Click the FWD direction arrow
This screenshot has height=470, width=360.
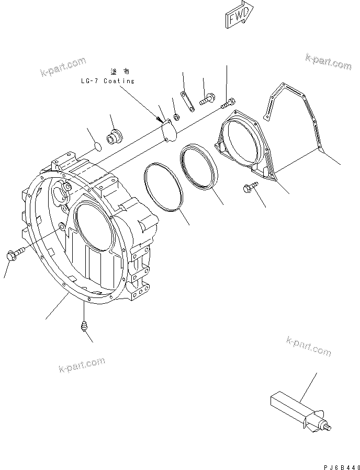click(x=239, y=15)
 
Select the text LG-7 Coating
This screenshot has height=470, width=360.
click(x=107, y=81)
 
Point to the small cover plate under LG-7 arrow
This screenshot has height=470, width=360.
click(x=169, y=130)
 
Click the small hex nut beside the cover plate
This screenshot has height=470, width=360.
click(x=177, y=116)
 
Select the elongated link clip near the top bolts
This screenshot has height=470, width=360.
click(x=188, y=101)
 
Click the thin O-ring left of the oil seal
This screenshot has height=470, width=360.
click(x=163, y=186)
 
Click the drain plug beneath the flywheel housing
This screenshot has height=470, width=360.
click(x=82, y=327)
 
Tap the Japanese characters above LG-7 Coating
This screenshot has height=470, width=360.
click(x=119, y=71)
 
